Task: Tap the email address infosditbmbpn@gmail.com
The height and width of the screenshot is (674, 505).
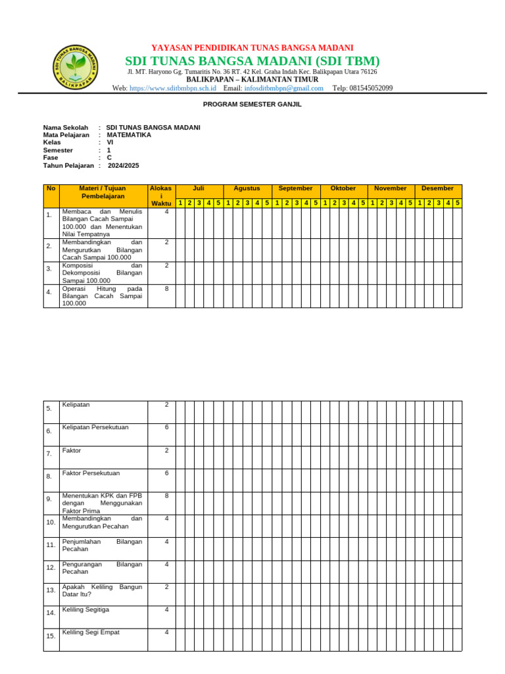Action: click(x=283, y=88)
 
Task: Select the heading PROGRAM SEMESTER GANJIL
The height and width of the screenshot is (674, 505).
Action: click(x=252, y=104)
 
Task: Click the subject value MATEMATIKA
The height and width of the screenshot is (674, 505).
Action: click(x=129, y=135)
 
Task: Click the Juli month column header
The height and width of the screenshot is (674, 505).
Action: click(x=199, y=188)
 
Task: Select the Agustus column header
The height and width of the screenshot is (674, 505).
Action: click(x=247, y=188)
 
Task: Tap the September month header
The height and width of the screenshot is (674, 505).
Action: click(x=295, y=188)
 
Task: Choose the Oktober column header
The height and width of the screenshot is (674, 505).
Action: click(x=343, y=188)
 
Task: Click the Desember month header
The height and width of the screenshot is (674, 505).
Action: click(x=438, y=188)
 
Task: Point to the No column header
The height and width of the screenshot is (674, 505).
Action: click(x=51, y=188)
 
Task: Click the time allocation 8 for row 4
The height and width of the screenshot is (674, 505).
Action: click(x=166, y=288)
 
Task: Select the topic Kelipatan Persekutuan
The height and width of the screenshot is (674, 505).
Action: click(x=95, y=427)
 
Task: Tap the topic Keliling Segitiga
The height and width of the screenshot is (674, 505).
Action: click(x=85, y=609)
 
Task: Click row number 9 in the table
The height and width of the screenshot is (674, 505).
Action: click(x=50, y=499)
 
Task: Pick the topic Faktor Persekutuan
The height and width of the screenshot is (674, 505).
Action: click(x=91, y=473)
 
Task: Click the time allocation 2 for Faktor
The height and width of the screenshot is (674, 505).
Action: click(x=166, y=450)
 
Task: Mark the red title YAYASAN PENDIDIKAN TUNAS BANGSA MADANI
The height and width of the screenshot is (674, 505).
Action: click(x=252, y=48)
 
